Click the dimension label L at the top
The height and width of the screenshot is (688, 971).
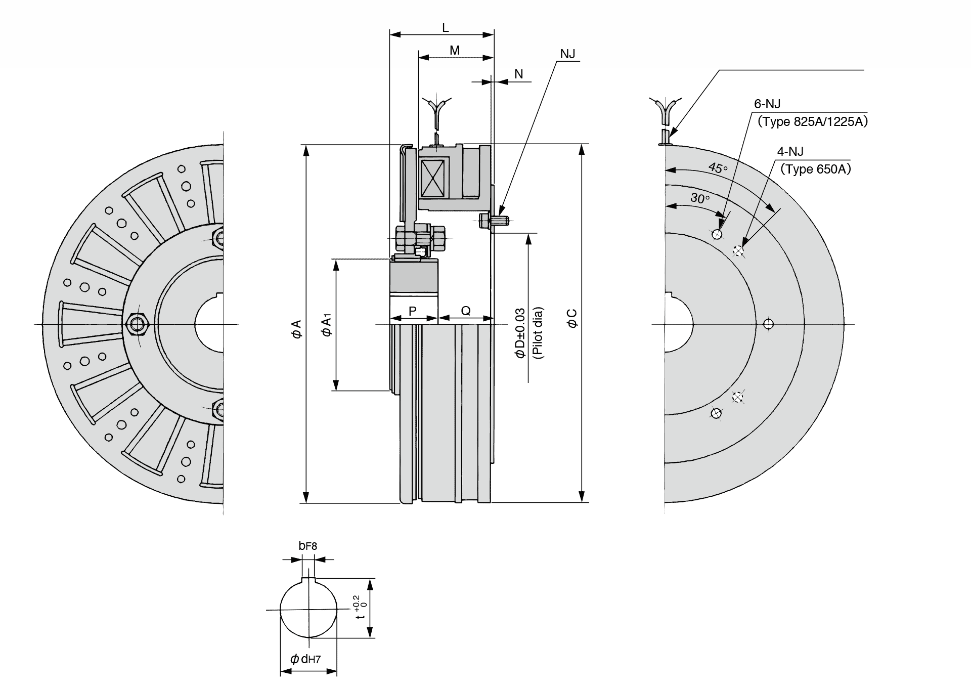(445, 28)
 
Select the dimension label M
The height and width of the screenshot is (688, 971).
(455, 51)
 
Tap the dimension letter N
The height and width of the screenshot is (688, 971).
(518, 74)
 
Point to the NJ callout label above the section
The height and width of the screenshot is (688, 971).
(567, 54)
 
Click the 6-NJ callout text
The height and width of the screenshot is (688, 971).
(767, 104)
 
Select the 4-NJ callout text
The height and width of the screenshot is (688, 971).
(790, 151)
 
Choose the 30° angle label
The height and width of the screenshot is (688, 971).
(700, 198)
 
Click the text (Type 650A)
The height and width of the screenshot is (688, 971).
(815, 169)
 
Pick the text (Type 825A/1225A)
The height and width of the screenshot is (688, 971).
(812, 121)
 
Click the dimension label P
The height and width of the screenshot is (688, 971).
(413, 311)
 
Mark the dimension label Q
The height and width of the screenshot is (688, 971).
(466, 311)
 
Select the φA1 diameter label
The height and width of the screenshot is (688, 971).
(327, 325)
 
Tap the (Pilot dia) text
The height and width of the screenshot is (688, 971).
(538, 333)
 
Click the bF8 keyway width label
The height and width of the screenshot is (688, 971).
(307, 546)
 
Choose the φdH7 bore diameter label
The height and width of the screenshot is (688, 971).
(305, 659)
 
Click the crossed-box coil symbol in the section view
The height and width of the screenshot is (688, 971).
(432, 178)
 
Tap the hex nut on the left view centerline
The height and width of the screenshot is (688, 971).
(136, 323)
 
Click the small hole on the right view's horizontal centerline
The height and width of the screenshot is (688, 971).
(768, 324)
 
